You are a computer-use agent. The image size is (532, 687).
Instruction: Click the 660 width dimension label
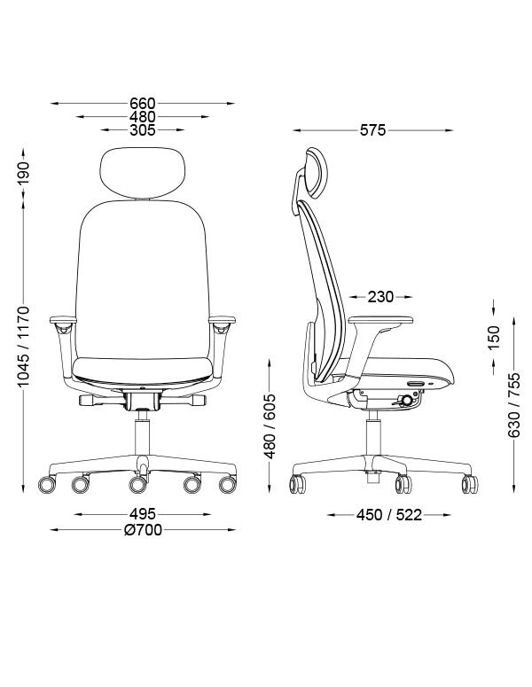(x=143, y=104)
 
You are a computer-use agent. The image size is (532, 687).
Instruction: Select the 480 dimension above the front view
(x=143, y=117)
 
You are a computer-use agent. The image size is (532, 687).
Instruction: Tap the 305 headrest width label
(x=143, y=130)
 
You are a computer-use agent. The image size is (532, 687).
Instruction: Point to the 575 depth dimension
(x=373, y=130)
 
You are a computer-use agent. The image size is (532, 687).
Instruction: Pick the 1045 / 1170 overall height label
(x=24, y=347)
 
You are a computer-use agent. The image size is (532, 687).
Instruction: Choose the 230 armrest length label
(x=380, y=297)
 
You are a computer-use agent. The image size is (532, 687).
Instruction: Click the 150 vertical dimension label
(x=494, y=338)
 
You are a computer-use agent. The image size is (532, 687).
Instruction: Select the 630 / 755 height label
(x=513, y=405)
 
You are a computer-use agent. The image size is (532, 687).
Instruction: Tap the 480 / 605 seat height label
(x=270, y=426)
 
